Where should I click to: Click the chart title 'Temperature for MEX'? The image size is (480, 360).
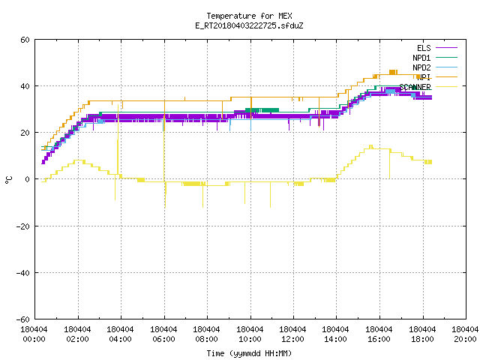pyautogui.click(x=249, y=16)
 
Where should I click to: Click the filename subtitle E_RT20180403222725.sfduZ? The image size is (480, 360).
pyautogui.click(x=249, y=25)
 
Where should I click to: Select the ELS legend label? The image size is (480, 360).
pyautogui.click(x=424, y=48)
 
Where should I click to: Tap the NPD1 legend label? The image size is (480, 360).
pyautogui.click(x=421, y=58)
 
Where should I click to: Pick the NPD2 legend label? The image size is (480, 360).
pyautogui.click(x=421, y=67)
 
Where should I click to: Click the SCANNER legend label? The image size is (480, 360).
pyautogui.click(x=415, y=87)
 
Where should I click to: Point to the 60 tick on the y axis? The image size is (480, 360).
pyautogui.click(x=25, y=40)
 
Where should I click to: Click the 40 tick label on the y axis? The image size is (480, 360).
pyautogui.click(x=25, y=86)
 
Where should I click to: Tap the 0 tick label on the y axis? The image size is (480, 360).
pyautogui.click(x=28, y=179)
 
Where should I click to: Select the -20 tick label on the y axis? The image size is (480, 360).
pyautogui.click(x=23, y=226)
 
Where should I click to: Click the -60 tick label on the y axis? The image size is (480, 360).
pyautogui.click(x=23, y=319)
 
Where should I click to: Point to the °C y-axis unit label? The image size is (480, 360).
pyautogui.click(x=8, y=180)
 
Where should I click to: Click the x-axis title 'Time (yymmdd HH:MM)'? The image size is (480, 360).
pyautogui.click(x=249, y=353)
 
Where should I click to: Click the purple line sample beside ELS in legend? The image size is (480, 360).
pyautogui.click(x=447, y=48)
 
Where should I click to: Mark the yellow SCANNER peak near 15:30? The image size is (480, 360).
pyautogui.click(x=371, y=146)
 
